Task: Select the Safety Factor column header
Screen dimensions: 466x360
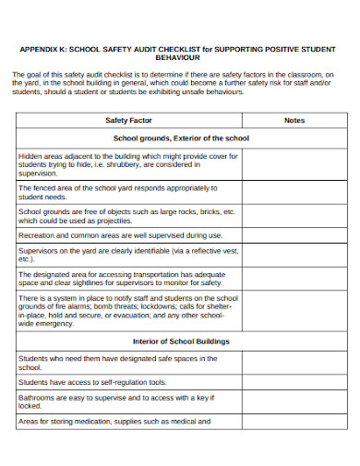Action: [128, 121]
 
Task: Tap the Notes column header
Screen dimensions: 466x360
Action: [294, 121]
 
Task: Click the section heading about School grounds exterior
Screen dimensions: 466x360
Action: [181, 137]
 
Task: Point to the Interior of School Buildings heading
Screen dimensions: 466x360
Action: [181, 341]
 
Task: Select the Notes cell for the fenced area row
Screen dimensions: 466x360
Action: [294, 191]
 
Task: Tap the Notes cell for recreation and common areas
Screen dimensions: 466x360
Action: [294, 235]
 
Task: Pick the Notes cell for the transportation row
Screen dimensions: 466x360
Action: [294, 279]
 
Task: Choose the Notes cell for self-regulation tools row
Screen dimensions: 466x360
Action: [294, 381]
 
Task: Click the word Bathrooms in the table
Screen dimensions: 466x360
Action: [38, 398]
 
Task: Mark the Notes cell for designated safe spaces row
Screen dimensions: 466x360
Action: [294, 362]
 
